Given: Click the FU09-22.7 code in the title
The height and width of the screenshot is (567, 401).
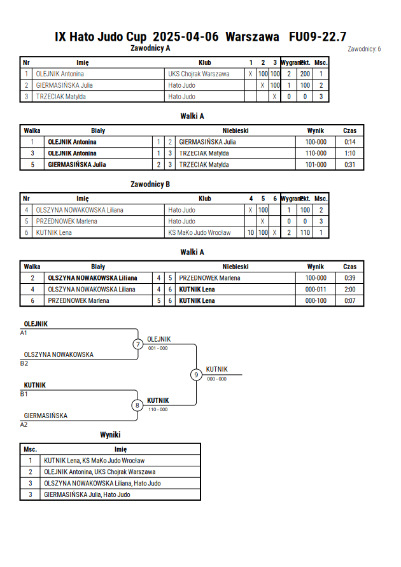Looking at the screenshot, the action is click(x=318, y=36).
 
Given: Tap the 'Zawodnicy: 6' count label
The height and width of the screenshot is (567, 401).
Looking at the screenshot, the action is click(x=364, y=49).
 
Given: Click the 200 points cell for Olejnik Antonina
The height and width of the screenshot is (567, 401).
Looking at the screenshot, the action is click(x=305, y=74).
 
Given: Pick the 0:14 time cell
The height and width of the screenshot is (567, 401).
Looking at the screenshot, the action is click(x=349, y=142).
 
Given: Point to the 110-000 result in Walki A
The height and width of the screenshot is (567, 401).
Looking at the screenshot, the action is click(x=316, y=153).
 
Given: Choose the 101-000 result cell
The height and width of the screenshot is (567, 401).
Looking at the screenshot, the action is click(x=316, y=165).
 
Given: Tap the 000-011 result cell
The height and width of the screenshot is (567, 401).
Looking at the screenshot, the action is click(x=316, y=290).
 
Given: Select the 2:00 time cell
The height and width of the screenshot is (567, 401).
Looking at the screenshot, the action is click(x=349, y=290).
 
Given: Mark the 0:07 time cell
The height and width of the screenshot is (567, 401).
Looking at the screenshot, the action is click(x=349, y=300).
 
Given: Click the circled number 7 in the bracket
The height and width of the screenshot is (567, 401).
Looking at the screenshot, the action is click(x=137, y=344).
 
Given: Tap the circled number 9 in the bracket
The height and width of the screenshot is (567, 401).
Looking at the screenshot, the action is click(x=196, y=375).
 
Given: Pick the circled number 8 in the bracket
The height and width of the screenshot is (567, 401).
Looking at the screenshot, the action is click(x=137, y=405).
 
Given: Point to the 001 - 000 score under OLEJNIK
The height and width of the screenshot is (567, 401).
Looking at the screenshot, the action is click(x=158, y=348).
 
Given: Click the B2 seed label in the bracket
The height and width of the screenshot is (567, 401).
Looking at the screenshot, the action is click(x=24, y=363).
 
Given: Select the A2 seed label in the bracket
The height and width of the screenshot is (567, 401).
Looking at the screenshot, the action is click(x=24, y=425).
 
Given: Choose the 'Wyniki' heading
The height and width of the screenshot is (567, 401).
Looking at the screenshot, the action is click(x=110, y=435).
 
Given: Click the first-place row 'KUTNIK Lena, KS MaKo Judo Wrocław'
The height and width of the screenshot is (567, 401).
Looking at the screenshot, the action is click(x=94, y=461).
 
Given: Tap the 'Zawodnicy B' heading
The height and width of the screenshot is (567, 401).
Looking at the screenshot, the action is click(x=150, y=184).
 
